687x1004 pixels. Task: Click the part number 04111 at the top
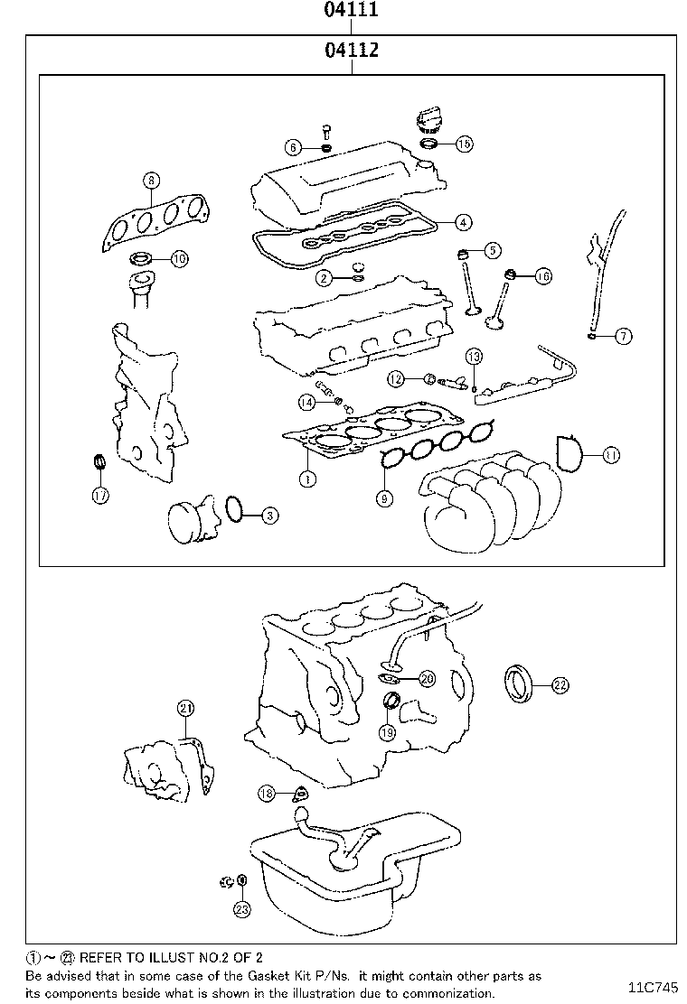[351, 11]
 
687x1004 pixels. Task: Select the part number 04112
[351, 50]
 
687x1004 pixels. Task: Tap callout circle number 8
[151, 181]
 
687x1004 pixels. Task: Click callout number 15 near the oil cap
[464, 144]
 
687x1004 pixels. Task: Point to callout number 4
[462, 221]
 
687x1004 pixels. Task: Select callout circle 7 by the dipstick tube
[623, 337]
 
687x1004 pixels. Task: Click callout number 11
[611, 455]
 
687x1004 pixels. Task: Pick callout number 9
[385, 497]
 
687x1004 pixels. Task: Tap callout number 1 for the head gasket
[307, 479]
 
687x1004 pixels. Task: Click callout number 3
[269, 516]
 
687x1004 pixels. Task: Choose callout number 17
[99, 494]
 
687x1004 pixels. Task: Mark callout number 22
[560, 685]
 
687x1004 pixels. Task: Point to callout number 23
[241, 909]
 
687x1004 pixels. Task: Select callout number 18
[266, 793]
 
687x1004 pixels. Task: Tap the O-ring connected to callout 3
[233, 508]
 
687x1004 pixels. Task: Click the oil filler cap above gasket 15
[428, 119]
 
